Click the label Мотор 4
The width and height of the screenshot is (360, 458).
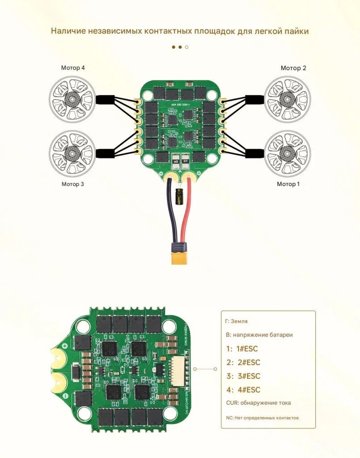(x=73, y=68)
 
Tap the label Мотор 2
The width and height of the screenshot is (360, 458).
(x=293, y=68)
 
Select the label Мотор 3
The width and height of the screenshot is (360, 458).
(x=73, y=184)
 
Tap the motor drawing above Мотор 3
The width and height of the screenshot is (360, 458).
(x=72, y=153)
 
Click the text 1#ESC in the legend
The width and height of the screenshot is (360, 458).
(x=243, y=349)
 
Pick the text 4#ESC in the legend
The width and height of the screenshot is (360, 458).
(x=243, y=390)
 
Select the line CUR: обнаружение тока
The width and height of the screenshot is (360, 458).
(x=258, y=403)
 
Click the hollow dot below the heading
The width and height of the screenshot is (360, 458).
(x=186, y=47)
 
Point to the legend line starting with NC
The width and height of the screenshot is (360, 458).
(x=262, y=418)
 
